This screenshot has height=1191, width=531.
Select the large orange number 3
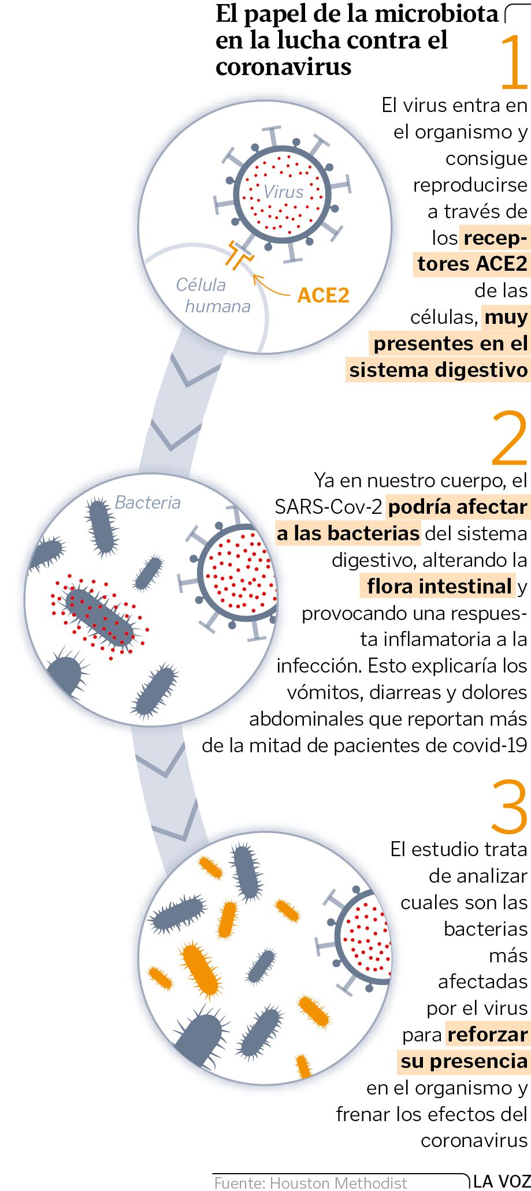(x=510, y=807)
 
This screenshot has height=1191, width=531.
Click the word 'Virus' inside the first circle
(x=283, y=192)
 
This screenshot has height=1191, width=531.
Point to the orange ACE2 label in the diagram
(x=324, y=295)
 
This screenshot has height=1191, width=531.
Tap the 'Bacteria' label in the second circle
(x=147, y=502)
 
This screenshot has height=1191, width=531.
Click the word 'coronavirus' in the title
(x=283, y=66)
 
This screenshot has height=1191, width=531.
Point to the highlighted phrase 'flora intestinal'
(x=439, y=587)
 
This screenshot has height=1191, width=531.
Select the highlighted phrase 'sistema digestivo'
(x=439, y=369)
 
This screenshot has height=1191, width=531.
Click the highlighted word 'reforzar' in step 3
(x=488, y=1033)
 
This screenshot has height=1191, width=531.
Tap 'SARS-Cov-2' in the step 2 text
(x=328, y=507)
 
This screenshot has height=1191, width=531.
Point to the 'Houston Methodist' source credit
(x=339, y=1183)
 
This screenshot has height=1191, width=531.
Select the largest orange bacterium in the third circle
(x=200, y=969)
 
